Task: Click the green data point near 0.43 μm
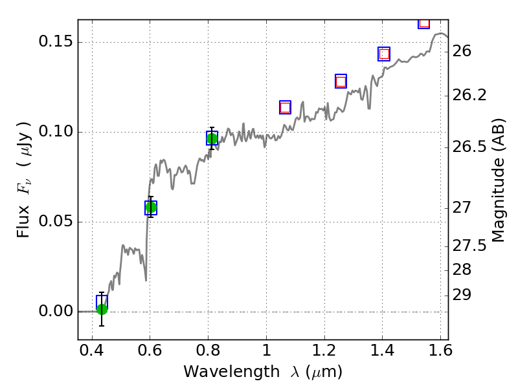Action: pos(102,309)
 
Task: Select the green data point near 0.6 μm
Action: pos(151,208)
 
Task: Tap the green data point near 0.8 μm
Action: pos(212,138)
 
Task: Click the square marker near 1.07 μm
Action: pos(285,107)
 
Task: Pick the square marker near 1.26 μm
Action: pos(341,81)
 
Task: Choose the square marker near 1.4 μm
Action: pos(384,54)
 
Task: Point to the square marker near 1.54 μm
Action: pos(424,23)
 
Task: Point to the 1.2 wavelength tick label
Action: pos(324,354)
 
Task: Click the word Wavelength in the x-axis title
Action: pos(220,372)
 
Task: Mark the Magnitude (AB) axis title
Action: pos(498,180)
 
